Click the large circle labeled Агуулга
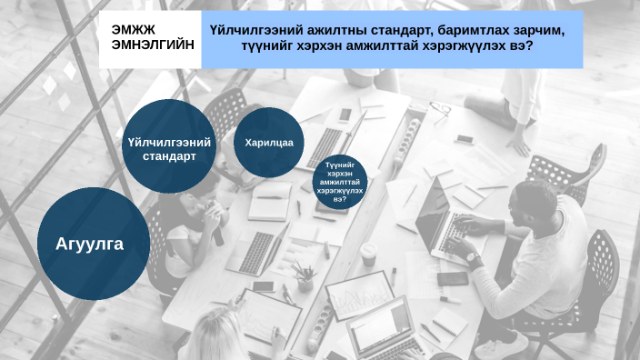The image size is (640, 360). click(x=88, y=244)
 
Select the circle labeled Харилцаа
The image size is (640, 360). click(x=268, y=143)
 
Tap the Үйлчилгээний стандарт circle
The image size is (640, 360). click(x=169, y=147)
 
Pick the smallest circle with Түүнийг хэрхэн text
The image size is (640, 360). click(x=339, y=184)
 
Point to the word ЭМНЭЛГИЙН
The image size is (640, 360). click(x=152, y=45)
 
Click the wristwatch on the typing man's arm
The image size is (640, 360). click(x=472, y=257)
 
